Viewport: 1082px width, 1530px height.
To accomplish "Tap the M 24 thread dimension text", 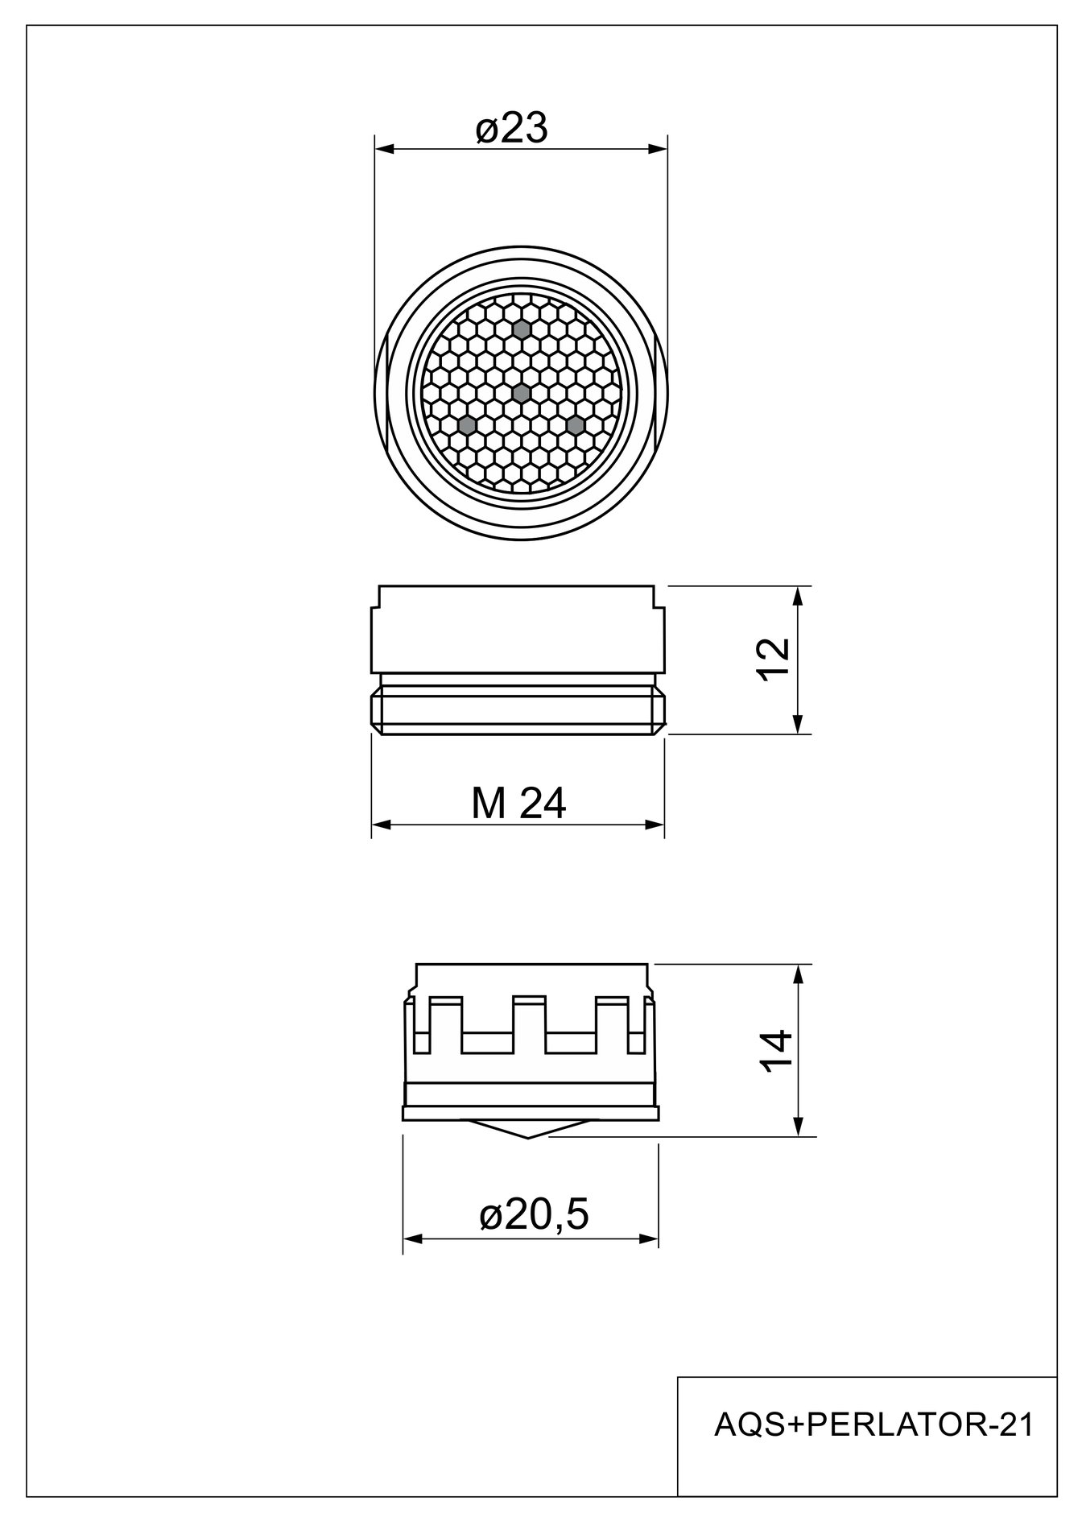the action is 518,803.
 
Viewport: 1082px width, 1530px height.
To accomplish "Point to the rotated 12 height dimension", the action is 774,660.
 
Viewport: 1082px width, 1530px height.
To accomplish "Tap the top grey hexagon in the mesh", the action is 522,329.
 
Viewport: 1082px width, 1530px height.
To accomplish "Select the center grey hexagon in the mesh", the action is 522,393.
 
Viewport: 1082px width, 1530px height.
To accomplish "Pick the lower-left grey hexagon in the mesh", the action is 466,424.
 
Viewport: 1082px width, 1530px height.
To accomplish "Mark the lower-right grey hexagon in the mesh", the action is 575,424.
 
